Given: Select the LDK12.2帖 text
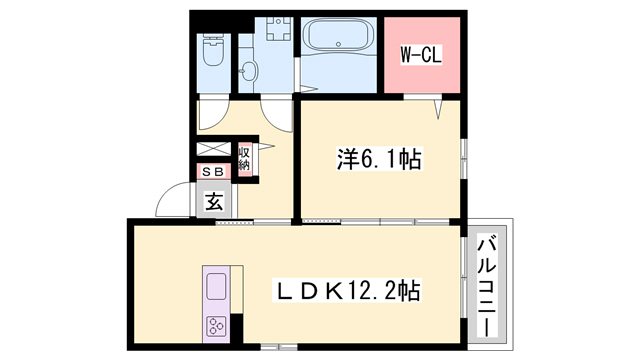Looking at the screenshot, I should (348, 291).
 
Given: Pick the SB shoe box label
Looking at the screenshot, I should (213, 172).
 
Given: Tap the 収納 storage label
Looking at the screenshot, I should (245, 159).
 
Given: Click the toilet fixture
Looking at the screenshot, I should (213, 49).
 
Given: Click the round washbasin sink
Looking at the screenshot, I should (247, 72).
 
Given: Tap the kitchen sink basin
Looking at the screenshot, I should (217, 288).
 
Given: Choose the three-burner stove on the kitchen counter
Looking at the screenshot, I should (217, 324).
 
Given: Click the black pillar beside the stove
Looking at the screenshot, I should (236, 326).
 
